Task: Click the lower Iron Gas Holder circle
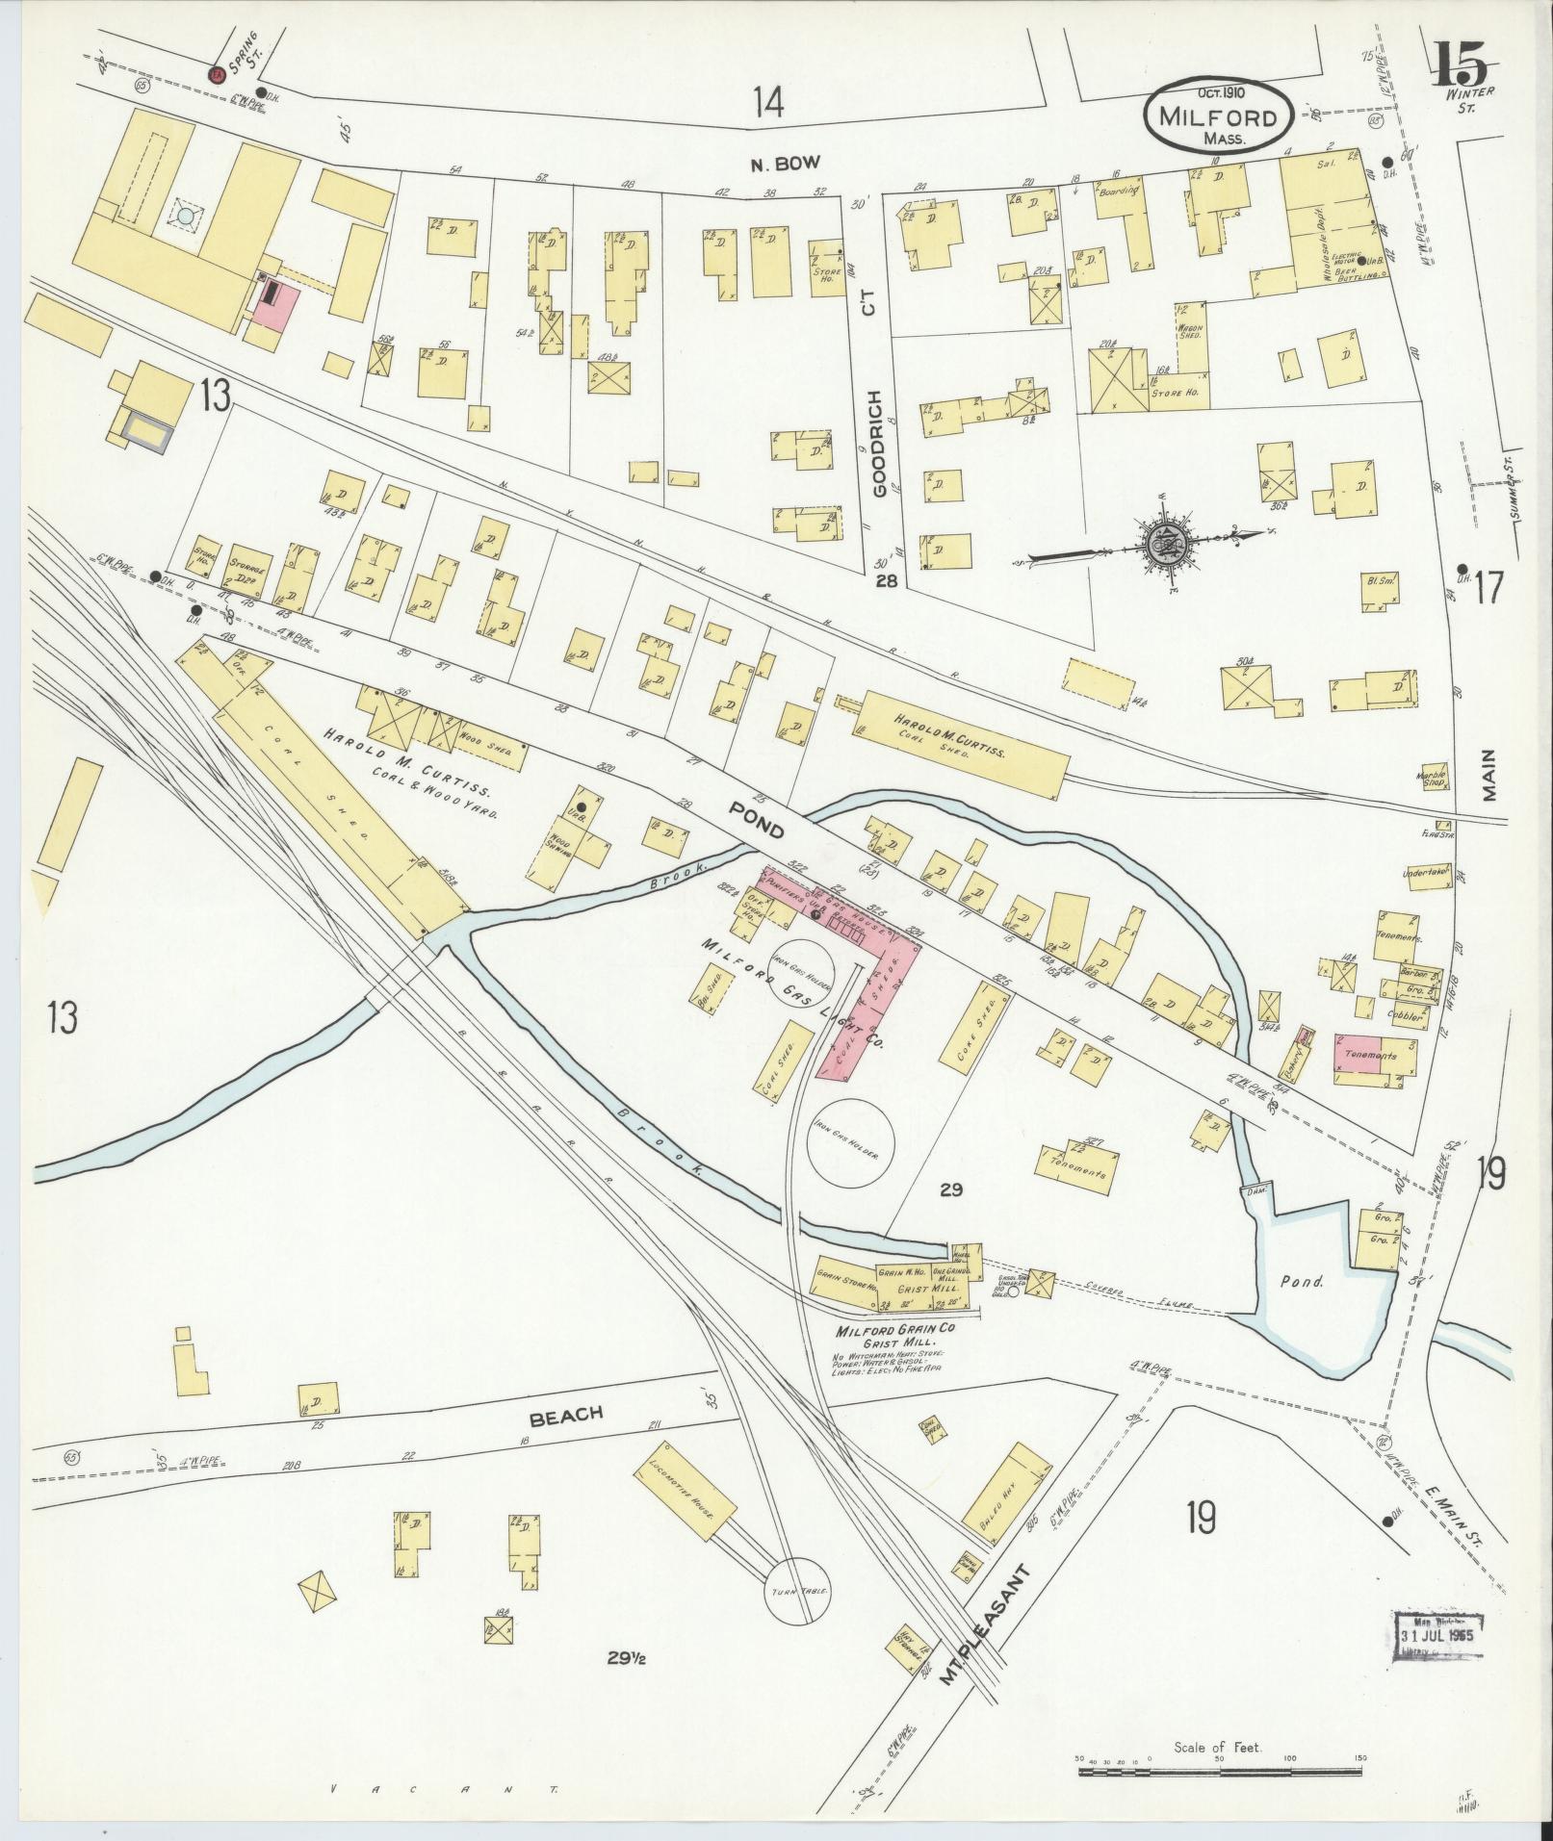[850, 1142]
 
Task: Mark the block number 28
[887, 581]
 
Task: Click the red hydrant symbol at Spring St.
[216, 72]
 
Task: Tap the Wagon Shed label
[1189, 331]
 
